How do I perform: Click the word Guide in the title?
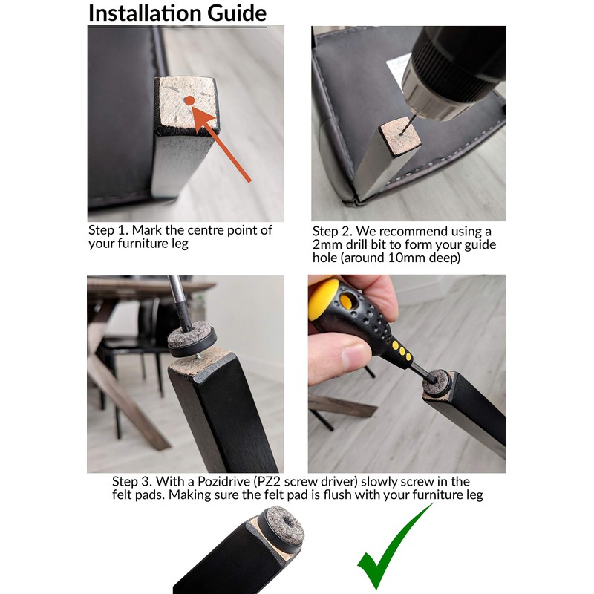click(x=237, y=13)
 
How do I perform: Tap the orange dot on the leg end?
click(x=189, y=100)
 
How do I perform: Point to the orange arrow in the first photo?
click(x=221, y=144)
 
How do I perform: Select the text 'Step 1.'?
click(x=108, y=230)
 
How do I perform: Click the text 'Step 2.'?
click(x=332, y=231)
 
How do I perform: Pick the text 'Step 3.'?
click(x=132, y=481)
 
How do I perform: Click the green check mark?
click(x=396, y=546)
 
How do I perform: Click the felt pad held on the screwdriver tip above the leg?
click(x=192, y=339)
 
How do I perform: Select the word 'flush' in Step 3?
click(x=338, y=495)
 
